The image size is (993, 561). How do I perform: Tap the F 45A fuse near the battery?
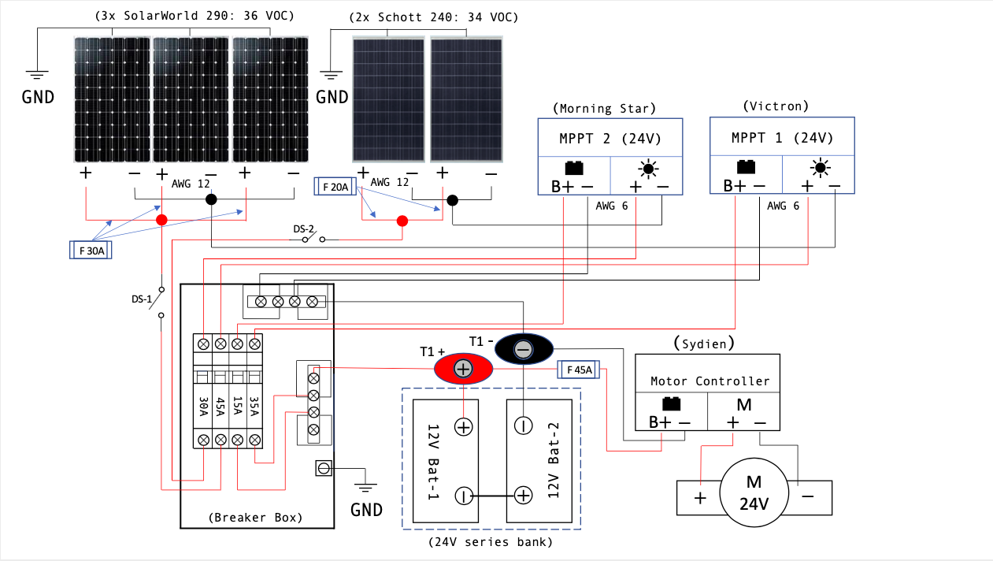point(579,370)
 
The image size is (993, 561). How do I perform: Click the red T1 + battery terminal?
point(463,368)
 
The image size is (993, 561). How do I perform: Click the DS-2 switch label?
point(305,229)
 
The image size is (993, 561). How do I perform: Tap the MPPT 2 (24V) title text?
point(610,138)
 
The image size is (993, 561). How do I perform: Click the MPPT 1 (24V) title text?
point(782,137)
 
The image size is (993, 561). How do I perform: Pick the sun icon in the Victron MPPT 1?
point(821,167)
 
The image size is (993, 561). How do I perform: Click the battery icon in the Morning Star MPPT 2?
point(574,168)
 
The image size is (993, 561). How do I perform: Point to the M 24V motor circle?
point(754,492)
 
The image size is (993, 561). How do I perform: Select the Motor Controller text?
point(710,381)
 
